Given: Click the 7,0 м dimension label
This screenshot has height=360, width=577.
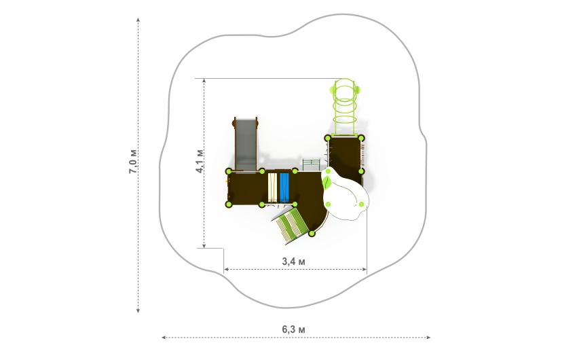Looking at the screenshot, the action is (x=133, y=161).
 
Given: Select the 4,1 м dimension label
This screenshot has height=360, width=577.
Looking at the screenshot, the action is (x=200, y=161).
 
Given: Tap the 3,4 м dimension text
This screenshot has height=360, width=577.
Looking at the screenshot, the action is (x=294, y=262).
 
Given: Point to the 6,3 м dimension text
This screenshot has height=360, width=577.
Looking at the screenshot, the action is (x=294, y=329).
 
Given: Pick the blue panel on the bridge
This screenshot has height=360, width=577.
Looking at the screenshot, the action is (x=284, y=187).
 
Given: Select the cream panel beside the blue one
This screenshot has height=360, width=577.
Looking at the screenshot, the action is (x=272, y=187).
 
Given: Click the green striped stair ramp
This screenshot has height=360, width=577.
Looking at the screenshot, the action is (x=291, y=225).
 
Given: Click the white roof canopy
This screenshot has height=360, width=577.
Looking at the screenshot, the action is (x=344, y=194).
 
